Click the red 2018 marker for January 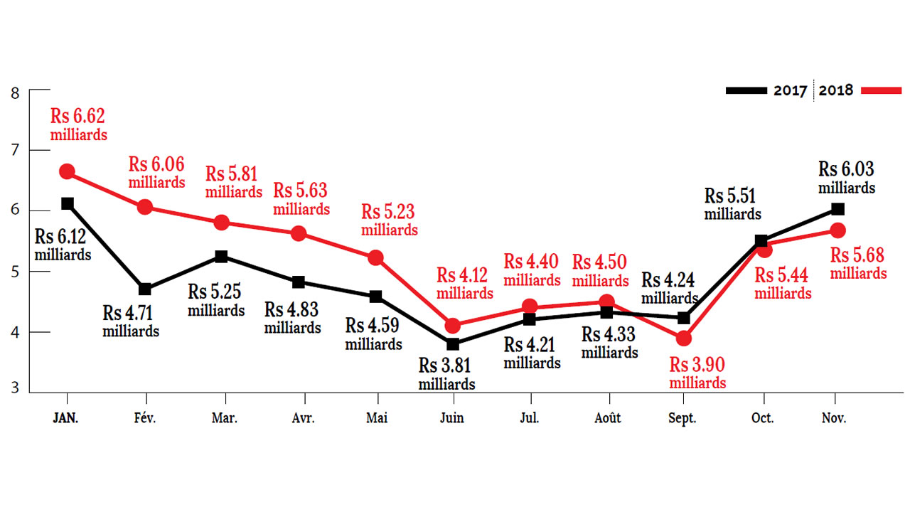coord(67,171)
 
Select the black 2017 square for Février coord(145,289)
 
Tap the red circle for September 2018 coord(684,338)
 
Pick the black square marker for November coord(837,209)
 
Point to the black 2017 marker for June coord(453,344)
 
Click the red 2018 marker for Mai coord(376,257)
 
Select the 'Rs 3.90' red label coord(697,365)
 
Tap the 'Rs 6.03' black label coord(846,169)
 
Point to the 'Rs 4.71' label coord(131,313)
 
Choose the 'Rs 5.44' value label coord(783,274)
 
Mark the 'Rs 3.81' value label coord(446,366)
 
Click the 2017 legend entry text coord(791,91)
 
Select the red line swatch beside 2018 coord(881,90)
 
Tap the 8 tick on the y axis coord(14,91)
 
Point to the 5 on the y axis coord(14,272)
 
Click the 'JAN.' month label coord(66,418)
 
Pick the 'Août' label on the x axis coord(607,418)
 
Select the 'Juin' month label coord(451,418)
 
